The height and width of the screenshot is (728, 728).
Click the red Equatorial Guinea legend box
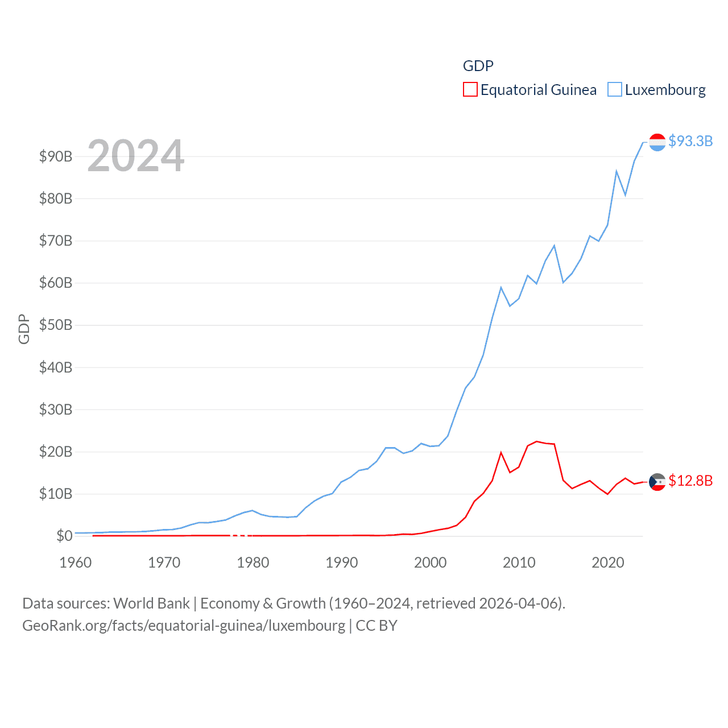[470, 90]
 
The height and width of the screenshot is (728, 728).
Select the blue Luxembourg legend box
[615, 90]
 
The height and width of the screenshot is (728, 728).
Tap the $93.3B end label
[690, 141]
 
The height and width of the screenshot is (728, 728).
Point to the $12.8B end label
[690, 481]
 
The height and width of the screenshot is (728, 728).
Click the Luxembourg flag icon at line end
[657, 142]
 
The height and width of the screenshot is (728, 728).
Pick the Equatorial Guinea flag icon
[657, 482]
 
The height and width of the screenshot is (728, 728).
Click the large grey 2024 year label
[136, 155]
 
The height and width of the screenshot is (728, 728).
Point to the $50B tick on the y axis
[56, 325]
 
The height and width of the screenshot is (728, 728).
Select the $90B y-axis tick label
[56, 156]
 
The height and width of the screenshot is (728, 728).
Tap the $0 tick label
[64, 536]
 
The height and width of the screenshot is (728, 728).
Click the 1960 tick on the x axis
[76, 562]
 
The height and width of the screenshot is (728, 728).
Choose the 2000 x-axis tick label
[431, 562]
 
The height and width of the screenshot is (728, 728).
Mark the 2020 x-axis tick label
[608, 562]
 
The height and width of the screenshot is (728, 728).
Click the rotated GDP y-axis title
[24, 329]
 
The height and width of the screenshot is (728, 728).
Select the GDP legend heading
[478, 66]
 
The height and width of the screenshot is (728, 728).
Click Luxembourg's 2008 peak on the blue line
[501, 288]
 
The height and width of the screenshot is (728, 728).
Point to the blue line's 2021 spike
[617, 171]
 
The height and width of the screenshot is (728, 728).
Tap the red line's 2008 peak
[501, 453]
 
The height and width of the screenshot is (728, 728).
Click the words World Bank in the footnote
[151, 603]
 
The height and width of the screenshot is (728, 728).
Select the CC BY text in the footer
[377, 626]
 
